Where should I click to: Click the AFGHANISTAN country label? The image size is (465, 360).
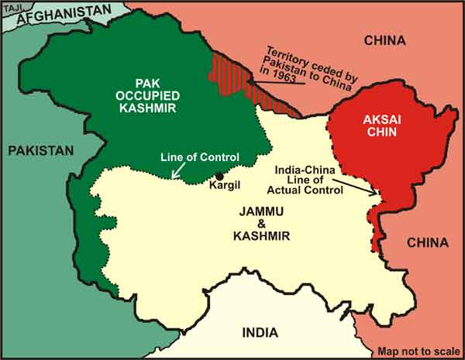tap(64, 13)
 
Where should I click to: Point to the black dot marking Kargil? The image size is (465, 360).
tap(220, 176)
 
